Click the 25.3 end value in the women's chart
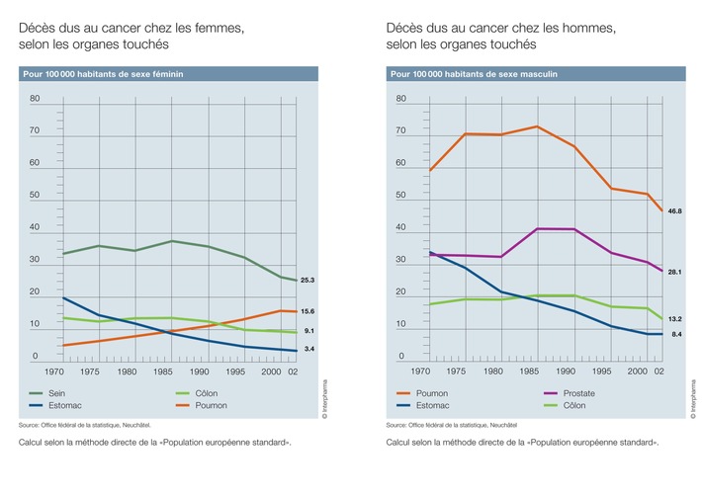tap(307, 281)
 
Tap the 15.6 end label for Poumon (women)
tap(307, 311)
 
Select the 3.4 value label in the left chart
tap(308, 350)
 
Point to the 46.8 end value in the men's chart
tap(675, 211)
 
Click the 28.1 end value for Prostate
tap(675, 272)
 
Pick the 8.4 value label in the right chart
tap(676, 335)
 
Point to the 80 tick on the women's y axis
tap(35, 99)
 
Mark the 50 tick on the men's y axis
tap(401, 196)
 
